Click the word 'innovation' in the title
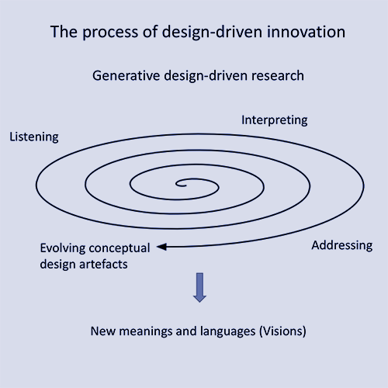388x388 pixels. [306, 32]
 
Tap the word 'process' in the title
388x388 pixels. [110, 33]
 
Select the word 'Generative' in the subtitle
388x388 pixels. [126, 75]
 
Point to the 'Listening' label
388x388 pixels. [34, 137]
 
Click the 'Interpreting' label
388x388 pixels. [275, 120]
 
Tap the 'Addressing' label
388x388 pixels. [342, 245]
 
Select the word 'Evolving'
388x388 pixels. [63, 248]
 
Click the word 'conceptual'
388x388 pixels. [120, 248]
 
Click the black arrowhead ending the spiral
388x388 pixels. [161, 247]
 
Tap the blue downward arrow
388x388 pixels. [199, 287]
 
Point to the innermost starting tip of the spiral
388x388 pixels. [185, 185]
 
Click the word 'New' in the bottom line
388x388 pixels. [103, 331]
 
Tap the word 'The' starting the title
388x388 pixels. [64, 32]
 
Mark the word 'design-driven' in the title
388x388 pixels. [212, 33]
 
